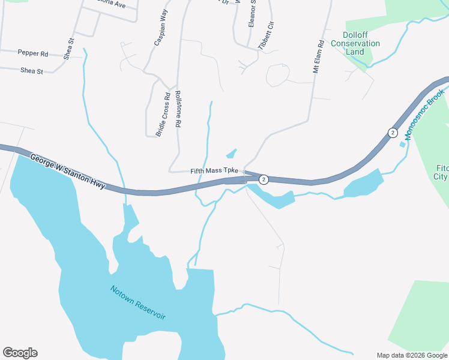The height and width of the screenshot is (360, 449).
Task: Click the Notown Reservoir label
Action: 137,302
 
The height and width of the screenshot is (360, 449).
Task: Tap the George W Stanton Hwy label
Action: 67,171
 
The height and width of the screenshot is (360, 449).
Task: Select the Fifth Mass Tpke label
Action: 214,171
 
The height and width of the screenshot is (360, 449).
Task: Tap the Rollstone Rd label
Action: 178,108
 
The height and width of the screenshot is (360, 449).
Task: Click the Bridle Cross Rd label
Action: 163,114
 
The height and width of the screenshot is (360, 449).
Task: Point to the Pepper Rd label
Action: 33,53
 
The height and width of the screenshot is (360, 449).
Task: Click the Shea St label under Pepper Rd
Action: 32,71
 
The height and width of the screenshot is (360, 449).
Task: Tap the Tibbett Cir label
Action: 265,35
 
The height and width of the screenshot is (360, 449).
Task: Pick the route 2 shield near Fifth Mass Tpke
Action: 264,179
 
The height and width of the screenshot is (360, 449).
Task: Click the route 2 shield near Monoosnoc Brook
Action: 393,133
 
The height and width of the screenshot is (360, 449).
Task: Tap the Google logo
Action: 20,353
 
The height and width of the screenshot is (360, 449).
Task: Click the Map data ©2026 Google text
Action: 411,355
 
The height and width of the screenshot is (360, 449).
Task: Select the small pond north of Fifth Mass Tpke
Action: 231,154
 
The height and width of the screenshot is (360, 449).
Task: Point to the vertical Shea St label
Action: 69,49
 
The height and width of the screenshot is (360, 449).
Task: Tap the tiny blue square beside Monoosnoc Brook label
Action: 402,144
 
